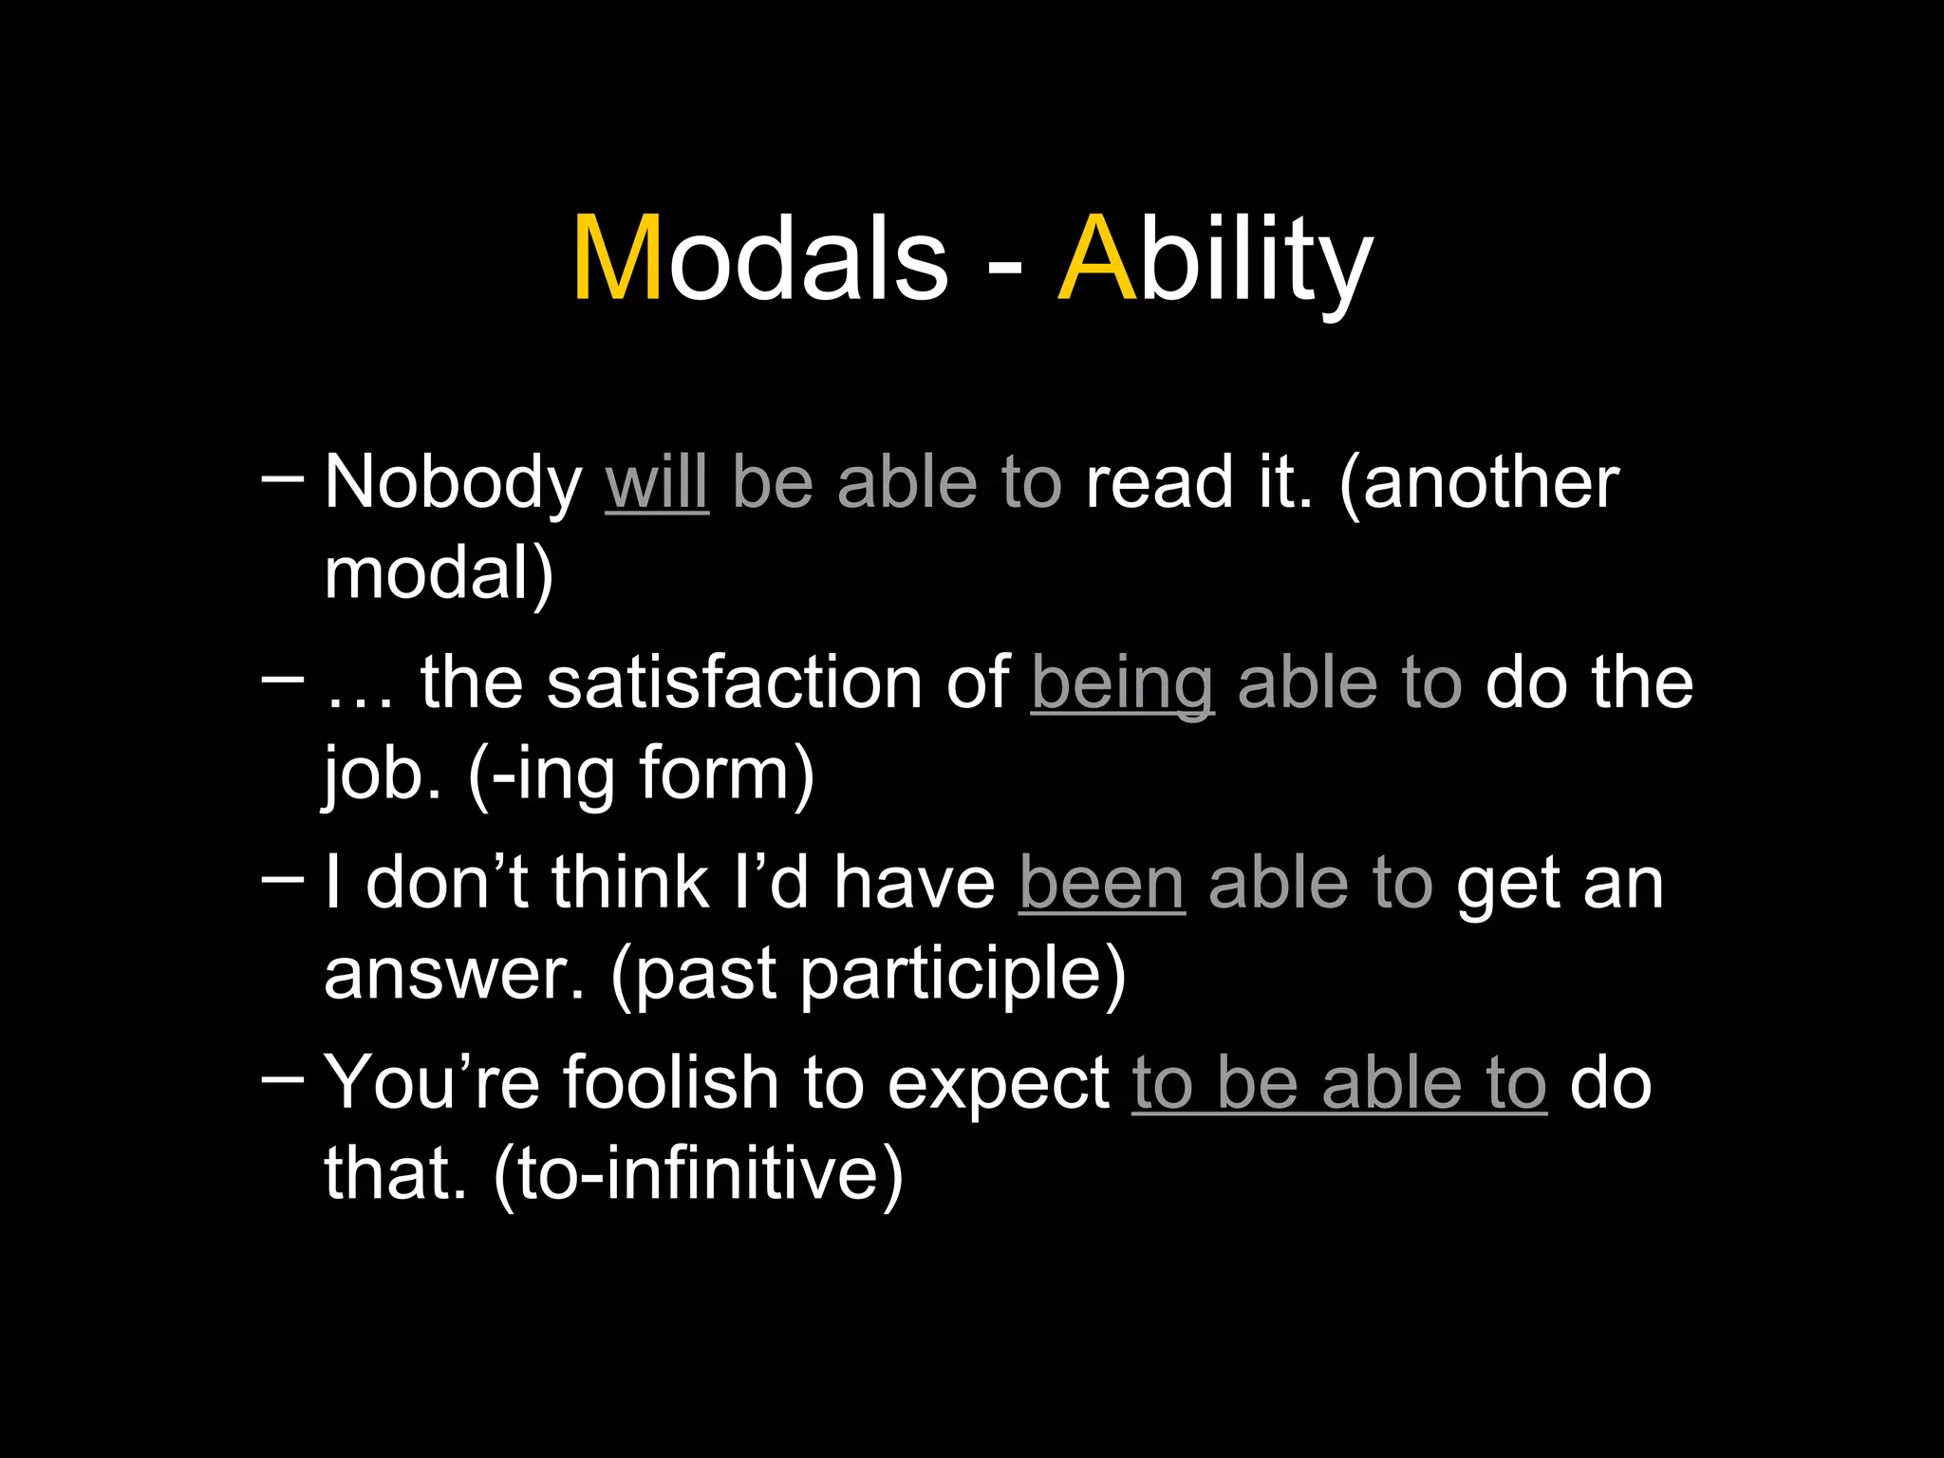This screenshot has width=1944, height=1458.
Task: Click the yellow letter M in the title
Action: (617, 258)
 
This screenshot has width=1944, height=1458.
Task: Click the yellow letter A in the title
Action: (1097, 258)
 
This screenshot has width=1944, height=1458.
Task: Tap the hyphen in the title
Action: (1004, 267)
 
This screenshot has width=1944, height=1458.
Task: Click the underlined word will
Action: (657, 483)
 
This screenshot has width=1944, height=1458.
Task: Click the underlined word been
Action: (1102, 884)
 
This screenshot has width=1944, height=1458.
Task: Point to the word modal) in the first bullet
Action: (439, 574)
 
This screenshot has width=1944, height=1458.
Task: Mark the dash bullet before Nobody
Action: (282, 478)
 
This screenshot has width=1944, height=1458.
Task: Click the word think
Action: (629, 884)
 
